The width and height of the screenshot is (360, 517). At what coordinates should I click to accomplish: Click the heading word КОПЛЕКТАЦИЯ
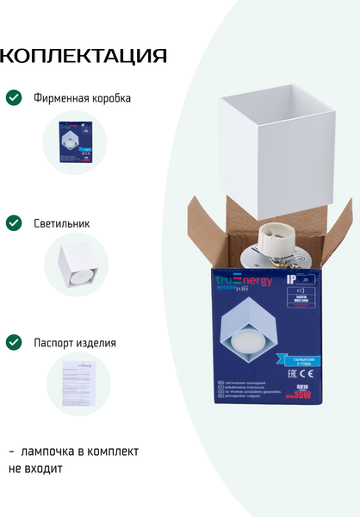[84, 57]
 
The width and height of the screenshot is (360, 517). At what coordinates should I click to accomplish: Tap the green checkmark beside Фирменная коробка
[14, 97]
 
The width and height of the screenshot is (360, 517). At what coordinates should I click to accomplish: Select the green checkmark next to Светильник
[14, 223]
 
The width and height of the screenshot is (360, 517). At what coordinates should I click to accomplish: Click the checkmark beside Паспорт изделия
[14, 342]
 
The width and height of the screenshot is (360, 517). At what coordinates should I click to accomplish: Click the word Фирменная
[62, 98]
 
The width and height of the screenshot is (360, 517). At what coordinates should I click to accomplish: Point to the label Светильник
[61, 223]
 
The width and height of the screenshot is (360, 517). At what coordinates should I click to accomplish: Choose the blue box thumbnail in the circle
[76, 143]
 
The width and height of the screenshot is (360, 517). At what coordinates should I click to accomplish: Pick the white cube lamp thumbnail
[76, 265]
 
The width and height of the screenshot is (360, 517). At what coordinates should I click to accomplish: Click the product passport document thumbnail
[76, 385]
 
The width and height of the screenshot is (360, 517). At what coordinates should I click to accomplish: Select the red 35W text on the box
[302, 396]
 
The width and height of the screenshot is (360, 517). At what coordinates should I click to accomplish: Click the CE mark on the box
[307, 375]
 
